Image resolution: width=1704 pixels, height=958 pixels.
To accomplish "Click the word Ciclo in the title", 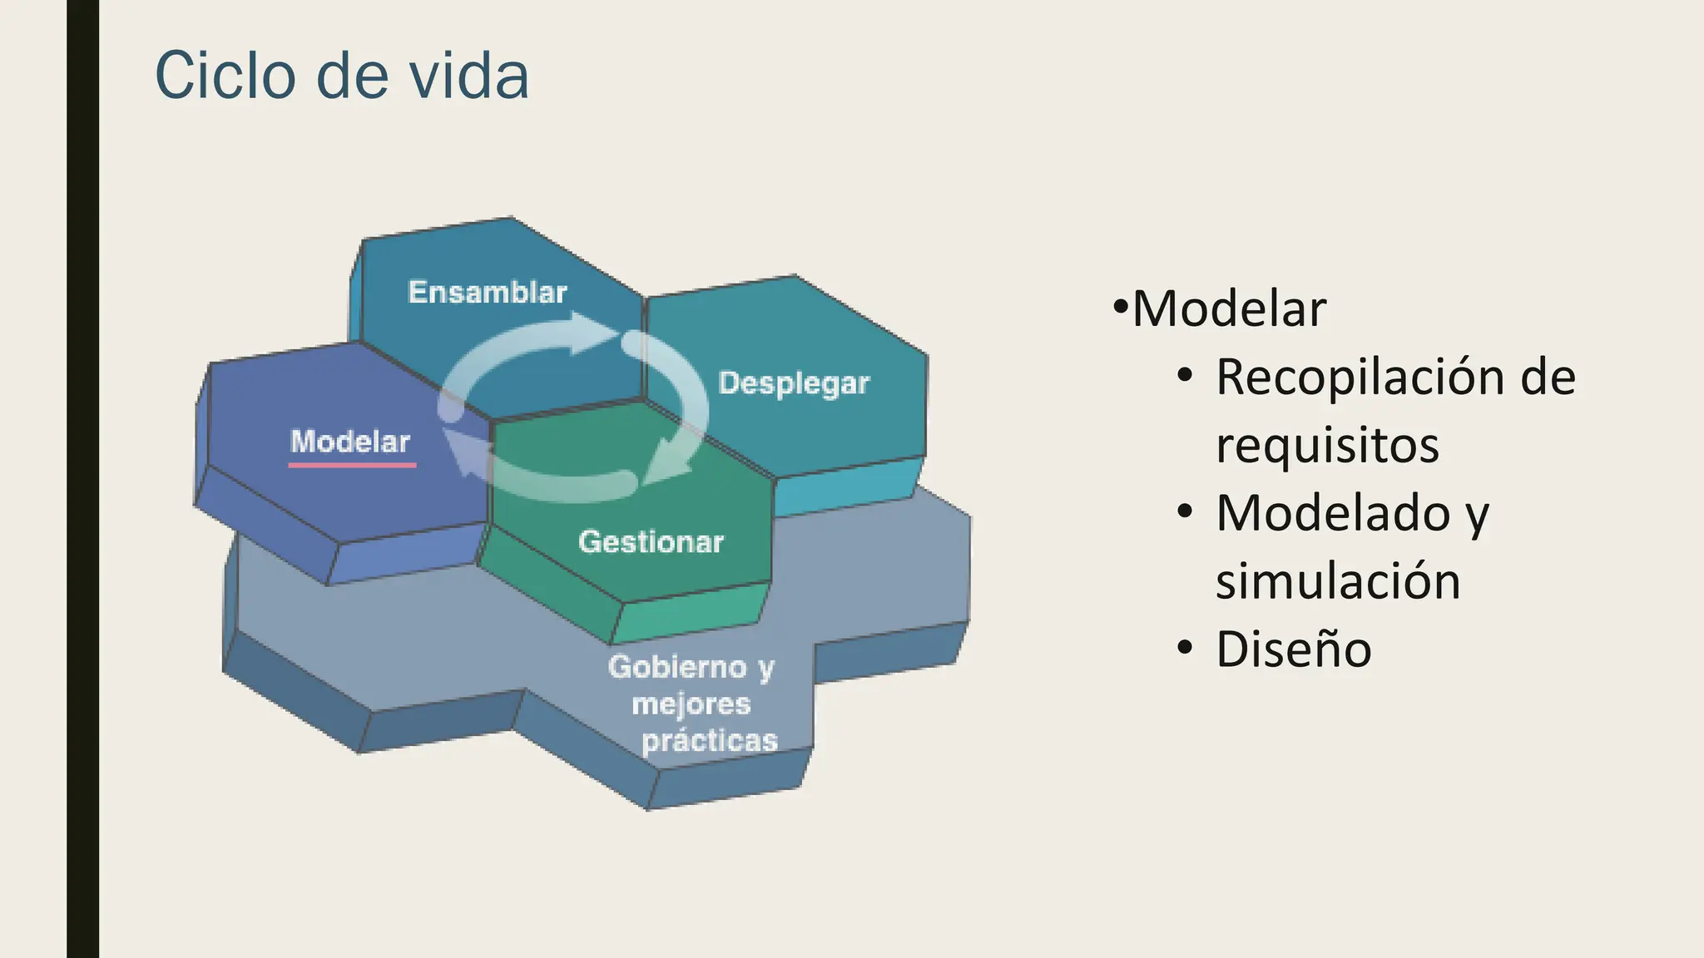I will click(225, 76).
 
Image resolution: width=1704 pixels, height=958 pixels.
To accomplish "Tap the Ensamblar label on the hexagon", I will click(488, 293).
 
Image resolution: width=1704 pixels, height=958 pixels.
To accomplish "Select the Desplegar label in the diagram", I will click(794, 383).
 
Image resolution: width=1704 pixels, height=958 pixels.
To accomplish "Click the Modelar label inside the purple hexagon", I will click(350, 442).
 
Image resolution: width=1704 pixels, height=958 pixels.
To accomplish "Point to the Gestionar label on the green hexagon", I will click(651, 542).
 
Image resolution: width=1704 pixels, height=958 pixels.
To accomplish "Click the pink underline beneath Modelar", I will click(352, 465).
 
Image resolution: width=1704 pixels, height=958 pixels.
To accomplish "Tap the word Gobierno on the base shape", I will click(677, 667).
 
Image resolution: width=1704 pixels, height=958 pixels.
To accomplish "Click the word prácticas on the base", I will click(710, 740).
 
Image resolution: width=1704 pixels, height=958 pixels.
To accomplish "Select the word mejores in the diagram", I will click(691, 704).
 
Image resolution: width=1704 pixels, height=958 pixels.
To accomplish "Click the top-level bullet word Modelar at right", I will click(1229, 309).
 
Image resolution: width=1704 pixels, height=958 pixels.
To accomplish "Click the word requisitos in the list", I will click(1327, 445).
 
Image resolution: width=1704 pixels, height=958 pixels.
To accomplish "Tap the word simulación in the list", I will click(1338, 580).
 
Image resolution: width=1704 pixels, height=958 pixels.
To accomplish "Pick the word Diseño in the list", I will click(1294, 649).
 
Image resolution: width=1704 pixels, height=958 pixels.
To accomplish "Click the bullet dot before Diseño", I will click(1185, 648).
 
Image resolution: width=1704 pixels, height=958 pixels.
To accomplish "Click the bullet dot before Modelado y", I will click(1185, 511).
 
